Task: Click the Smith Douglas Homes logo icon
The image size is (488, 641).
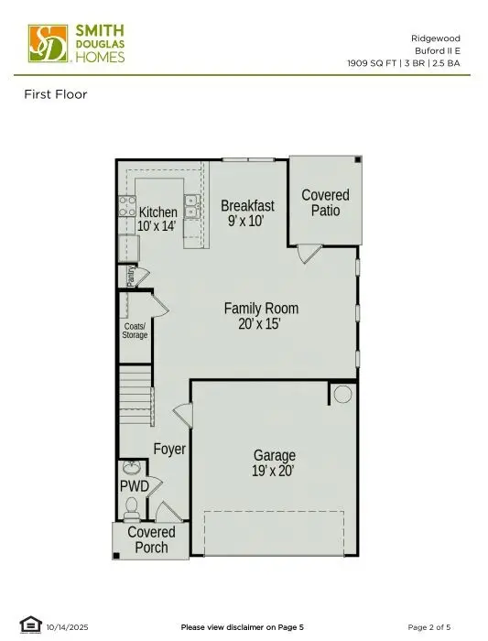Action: pos(48,43)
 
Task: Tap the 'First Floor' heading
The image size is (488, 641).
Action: pos(55,94)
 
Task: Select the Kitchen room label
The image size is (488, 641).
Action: pos(157,219)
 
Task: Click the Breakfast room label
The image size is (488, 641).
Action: pos(247,213)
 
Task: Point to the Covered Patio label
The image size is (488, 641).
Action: pos(325,202)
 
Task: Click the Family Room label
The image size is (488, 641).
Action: pos(261,316)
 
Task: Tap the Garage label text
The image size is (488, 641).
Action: pos(274,462)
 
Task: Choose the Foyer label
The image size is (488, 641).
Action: pos(169,450)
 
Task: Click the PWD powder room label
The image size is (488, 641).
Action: pos(134,485)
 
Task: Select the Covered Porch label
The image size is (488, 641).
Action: pos(151,539)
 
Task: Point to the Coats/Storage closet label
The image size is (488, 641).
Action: pos(135,331)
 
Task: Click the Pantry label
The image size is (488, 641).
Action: pos(131,277)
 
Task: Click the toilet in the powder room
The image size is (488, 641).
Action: pos(130,505)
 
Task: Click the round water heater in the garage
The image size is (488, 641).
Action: pos(342,395)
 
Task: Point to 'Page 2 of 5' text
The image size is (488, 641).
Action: pos(428,627)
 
